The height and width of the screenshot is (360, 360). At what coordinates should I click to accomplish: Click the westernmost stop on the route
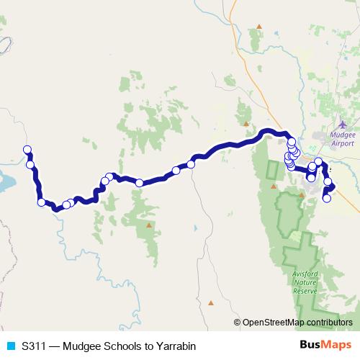[x=27, y=150]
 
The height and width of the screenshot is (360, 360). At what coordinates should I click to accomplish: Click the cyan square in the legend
[x=10, y=346]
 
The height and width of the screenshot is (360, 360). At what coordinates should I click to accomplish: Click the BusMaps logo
[x=320, y=346]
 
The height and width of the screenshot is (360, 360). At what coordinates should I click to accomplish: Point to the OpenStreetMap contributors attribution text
[x=297, y=323]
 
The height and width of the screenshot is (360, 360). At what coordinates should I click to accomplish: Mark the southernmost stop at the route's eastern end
[x=327, y=199]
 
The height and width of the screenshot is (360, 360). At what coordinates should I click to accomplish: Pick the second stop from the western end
[x=30, y=165]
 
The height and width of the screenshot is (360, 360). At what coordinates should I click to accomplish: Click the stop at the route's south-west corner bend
[x=42, y=202]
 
